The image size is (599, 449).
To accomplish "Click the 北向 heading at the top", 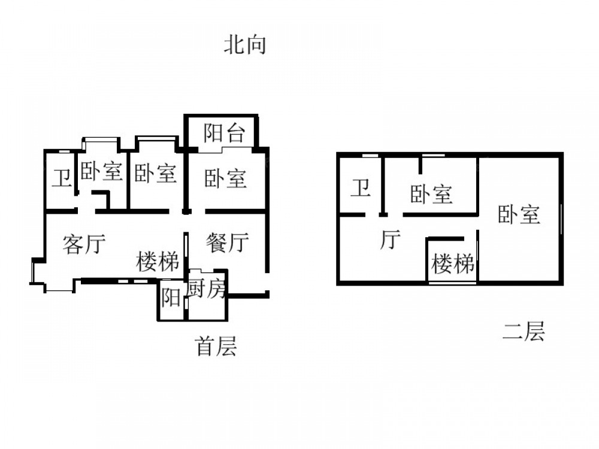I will tap(244, 45).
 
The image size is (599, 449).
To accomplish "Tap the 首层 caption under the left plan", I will tap(216, 346).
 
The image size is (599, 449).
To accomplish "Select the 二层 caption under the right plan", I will tap(523, 331).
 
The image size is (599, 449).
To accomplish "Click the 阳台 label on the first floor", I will tap(224, 132).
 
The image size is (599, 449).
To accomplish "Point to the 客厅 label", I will tap(84, 244).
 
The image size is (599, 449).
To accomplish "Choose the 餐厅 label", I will tap(228, 242).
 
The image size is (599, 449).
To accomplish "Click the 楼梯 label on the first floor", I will tap(158, 262).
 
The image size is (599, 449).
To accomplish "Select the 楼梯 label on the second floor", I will tap(453, 263).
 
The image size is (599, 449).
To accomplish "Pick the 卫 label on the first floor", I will tap(60, 178).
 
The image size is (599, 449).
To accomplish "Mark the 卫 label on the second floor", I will tap(360, 188).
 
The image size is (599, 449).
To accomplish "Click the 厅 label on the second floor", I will tap(390, 239).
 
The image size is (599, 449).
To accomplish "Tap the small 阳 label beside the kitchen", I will tap(171, 298).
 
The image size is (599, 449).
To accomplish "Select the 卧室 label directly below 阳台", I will tap(225, 178).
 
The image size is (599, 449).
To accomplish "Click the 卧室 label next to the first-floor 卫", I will tap(102, 172).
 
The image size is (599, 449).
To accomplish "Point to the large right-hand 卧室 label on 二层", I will tap(519, 214).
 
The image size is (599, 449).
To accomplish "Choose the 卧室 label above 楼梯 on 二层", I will tap(431, 194).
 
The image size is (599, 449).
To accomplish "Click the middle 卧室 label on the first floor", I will tap(155, 174).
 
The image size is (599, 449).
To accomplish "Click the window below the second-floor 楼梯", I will tap(453, 282).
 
